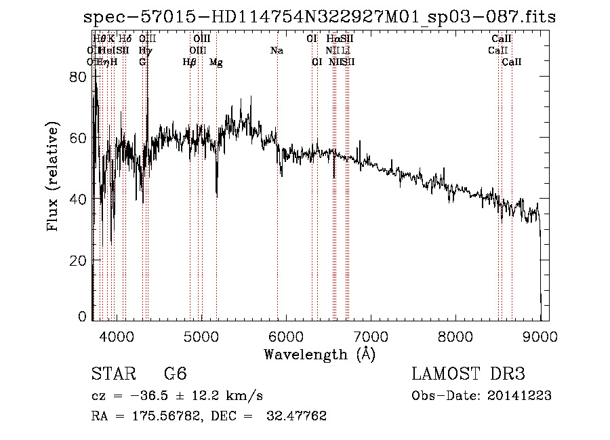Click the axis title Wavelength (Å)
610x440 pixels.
pos(319,354)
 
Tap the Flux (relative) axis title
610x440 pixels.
pos(54,176)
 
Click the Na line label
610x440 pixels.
pos(277,51)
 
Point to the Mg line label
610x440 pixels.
pos(216,62)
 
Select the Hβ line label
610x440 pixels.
pos(190,62)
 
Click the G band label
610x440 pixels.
pos(142,62)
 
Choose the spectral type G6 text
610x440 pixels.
pos(175,374)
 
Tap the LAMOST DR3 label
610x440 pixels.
pos(468,374)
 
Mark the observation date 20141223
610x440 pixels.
pos(522,396)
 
